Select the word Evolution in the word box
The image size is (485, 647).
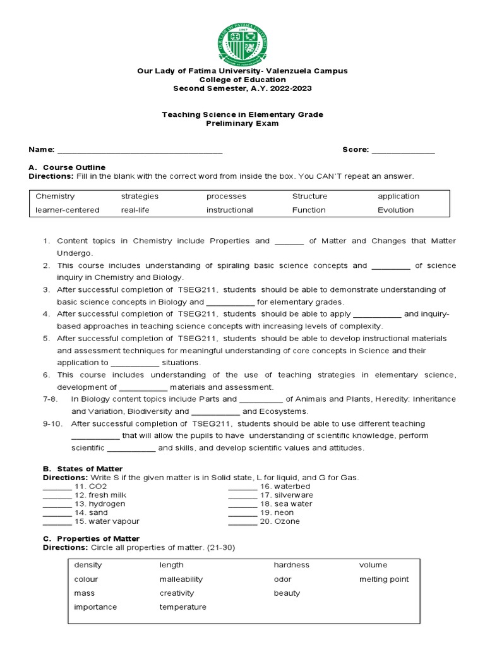tap(395, 210)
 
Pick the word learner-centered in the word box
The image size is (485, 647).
tap(68, 210)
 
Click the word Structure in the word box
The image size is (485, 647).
tap(309, 196)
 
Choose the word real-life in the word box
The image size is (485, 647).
tap(135, 210)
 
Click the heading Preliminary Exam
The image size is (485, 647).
tap(242, 123)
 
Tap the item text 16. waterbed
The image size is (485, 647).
tap(285, 487)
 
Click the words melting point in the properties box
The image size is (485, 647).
tap(384, 579)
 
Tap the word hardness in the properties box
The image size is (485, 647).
tap(291, 565)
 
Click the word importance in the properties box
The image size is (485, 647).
tap(95, 607)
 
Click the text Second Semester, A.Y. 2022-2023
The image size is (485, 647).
tap(242, 88)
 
